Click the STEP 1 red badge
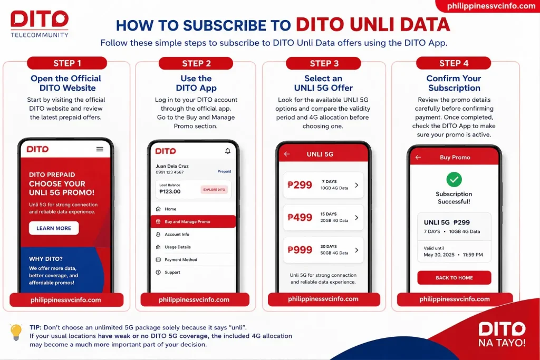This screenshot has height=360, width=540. coord(67,63)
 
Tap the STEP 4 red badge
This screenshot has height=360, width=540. coord(453,63)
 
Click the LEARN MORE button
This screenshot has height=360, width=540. coord(54,228)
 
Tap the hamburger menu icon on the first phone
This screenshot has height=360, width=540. coord(100,149)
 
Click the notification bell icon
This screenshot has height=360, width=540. coord(228,151)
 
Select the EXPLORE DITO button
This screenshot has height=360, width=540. coord(214,190)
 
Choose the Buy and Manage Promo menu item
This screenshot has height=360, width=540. coord(193,222)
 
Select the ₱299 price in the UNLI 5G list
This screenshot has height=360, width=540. coord(300,185)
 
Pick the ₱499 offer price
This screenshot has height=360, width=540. coord(300,217)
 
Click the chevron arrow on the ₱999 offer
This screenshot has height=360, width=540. coord(356,250)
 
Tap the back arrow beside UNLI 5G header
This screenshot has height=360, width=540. coord(287,154)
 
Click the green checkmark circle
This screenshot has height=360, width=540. coord(454,179)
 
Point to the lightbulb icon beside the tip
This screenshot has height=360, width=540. coord(16,332)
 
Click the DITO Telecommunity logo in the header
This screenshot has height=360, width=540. coord(40,23)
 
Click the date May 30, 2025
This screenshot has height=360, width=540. coord(439,255)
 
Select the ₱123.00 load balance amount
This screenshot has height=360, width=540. coord(170,191)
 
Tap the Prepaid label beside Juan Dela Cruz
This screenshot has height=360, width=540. coord(224,171)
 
